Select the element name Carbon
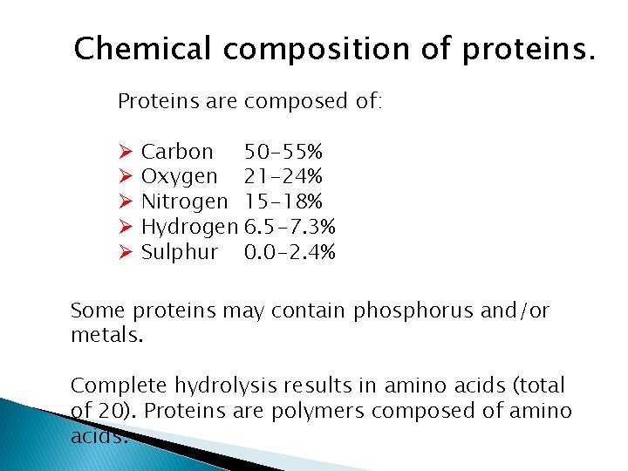pyautogui.click(x=177, y=152)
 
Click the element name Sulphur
pyautogui.click(x=180, y=253)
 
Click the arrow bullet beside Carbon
pyautogui.click(x=125, y=153)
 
